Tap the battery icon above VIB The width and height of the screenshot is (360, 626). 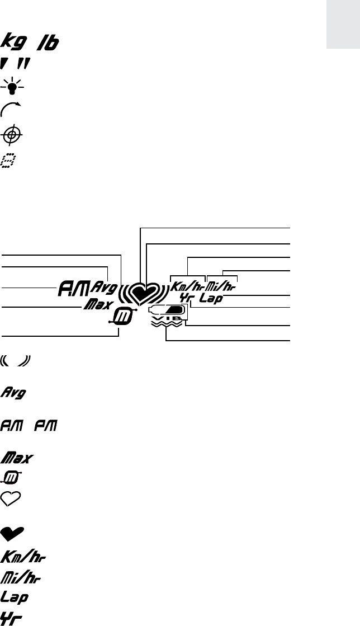coord(166,309)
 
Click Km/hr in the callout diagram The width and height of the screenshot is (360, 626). coord(187,286)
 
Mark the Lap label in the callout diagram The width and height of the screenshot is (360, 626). coord(211,299)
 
